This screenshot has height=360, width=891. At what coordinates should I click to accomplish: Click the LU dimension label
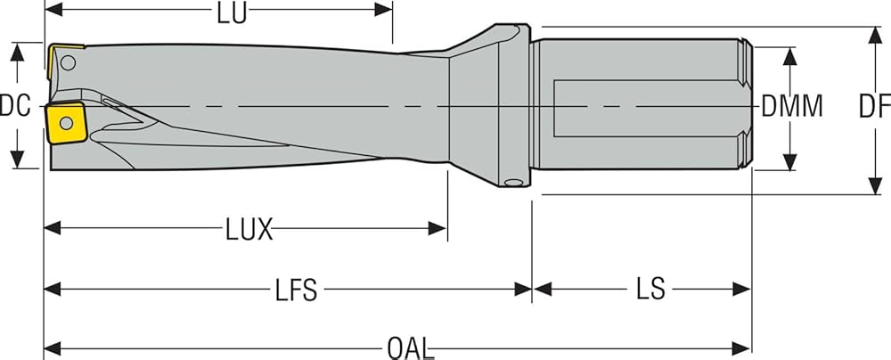click(232, 12)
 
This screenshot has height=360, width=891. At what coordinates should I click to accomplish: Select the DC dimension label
click(16, 106)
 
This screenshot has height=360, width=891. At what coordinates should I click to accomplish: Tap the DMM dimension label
click(792, 106)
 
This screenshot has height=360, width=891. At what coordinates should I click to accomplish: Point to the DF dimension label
click(874, 106)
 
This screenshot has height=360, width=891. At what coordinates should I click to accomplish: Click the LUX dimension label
click(249, 230)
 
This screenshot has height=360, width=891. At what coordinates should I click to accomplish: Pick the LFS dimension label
click(293, 290)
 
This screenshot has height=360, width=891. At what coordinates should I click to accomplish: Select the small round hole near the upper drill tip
click(69, 62)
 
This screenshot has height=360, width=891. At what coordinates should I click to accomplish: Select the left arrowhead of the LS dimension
click(541, 290)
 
